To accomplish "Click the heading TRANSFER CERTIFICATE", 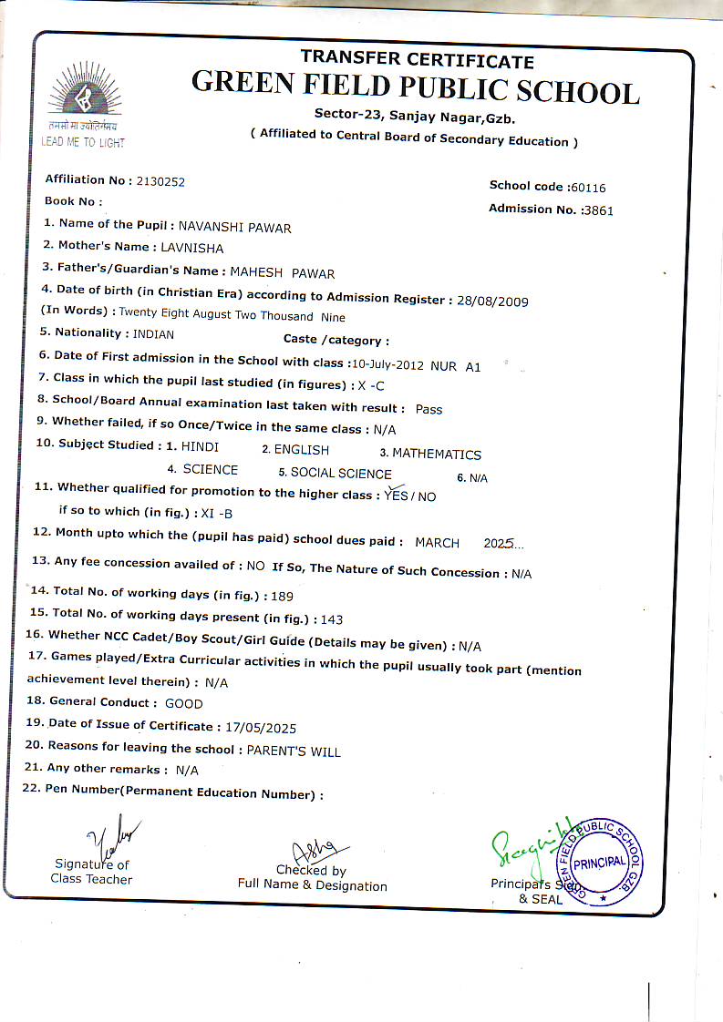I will coord(417,60).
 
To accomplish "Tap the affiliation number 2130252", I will coord(160,181).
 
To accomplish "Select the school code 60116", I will coord(586,188).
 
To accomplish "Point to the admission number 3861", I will coord(598,210).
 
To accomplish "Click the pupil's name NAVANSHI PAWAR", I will coord(234,228).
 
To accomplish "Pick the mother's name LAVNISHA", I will coord(191,248).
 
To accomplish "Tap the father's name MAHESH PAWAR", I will coord(282,273).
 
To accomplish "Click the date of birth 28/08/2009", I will coord(492,301).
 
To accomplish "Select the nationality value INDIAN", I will coord(153,334).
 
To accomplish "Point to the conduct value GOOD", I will coord(183,704).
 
